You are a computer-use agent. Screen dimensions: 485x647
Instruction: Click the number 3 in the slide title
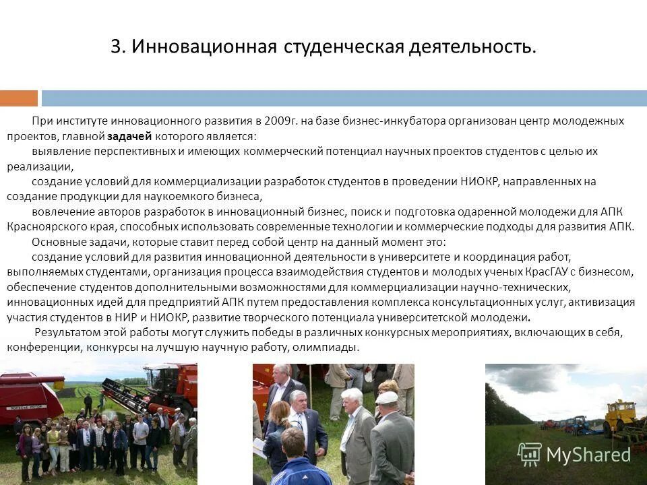pos(116,47)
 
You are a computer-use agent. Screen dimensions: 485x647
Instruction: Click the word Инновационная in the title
pos(204,47)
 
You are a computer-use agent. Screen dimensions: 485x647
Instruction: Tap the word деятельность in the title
pos(470,47)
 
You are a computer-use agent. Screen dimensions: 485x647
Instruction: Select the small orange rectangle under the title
pos(19,98)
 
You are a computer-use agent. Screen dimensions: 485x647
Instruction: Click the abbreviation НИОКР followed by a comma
pos(484,182)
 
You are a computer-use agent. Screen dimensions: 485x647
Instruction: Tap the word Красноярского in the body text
pos(41,227)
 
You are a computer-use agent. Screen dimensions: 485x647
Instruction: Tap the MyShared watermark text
pos(588,455)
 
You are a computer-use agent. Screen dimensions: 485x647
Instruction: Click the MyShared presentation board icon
pos(529,455)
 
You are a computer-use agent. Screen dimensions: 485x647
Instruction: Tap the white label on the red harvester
pos(26,406)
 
